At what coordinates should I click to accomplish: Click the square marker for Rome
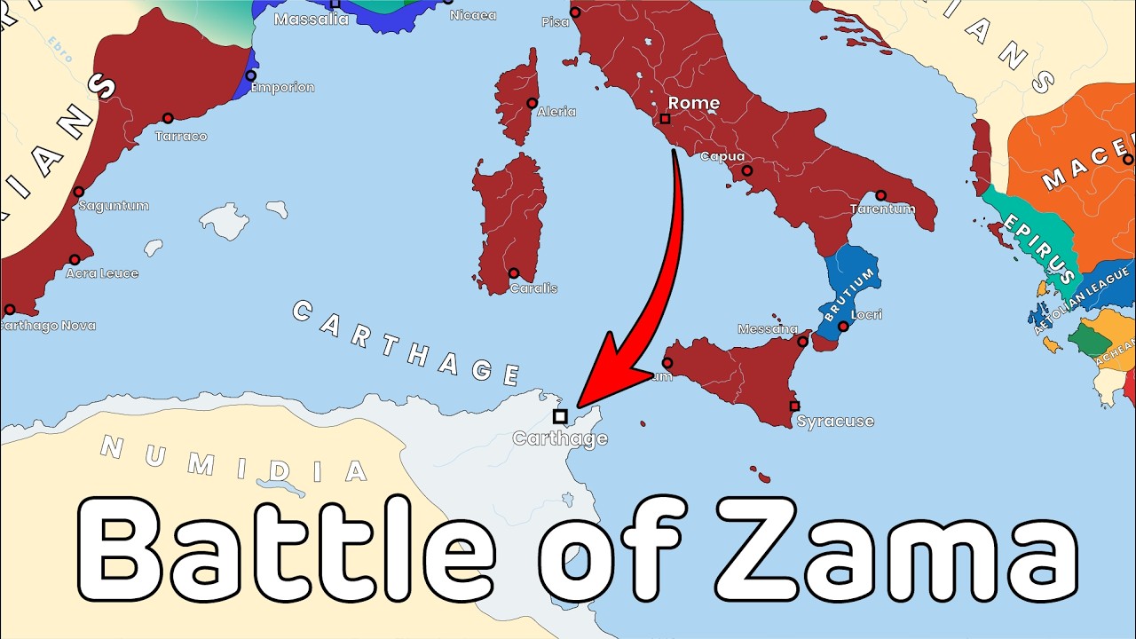(x=665, y=118)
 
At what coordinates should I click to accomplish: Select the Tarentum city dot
(x=880, y=195)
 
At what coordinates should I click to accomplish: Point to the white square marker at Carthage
(x=559, y=415)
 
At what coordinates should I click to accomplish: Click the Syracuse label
(x=835, y=421)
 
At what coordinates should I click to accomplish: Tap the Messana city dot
(x=803, y=341)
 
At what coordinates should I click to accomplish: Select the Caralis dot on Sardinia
(x=513, y=273)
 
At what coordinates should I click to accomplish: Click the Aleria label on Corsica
(x=556, y=112)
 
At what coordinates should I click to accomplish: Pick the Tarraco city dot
(x=168, y=118)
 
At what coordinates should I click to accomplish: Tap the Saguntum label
(x=114, y=206)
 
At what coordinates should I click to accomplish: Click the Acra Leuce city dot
(x=75, y=260)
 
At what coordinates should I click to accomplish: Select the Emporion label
(x=282, y=88)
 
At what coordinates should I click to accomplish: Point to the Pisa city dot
(x=575, y=12)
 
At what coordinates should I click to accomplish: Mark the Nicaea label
(x=473, y=15)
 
